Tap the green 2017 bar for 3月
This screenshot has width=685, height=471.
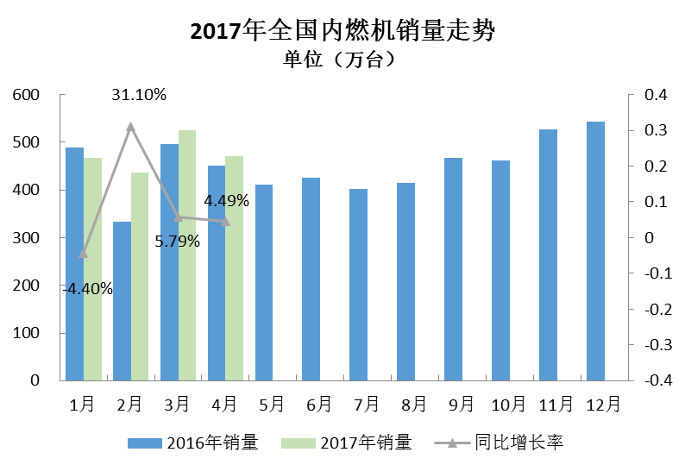[x=187, y=255]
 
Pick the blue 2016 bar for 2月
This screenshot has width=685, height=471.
[x=122, y=300]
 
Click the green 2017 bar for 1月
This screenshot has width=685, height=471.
[x=92, y=268]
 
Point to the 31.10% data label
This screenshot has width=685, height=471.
[x=139, y=95]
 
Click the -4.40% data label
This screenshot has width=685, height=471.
[x=88, y=289]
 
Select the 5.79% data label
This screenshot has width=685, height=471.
[x=178, y=242]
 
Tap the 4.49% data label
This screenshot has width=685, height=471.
[x=226, y=201]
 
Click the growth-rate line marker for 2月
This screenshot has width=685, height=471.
[x=131, y=127]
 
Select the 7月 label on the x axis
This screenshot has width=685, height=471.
[x=367, y=403]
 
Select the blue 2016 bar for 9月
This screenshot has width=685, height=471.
[x=453, y=268]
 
